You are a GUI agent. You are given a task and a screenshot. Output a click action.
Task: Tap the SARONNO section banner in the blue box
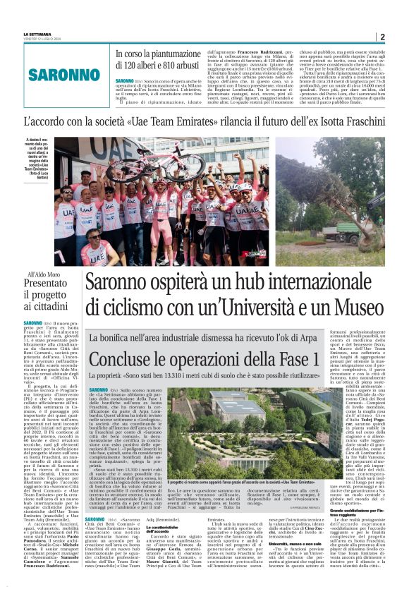point(63,74)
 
